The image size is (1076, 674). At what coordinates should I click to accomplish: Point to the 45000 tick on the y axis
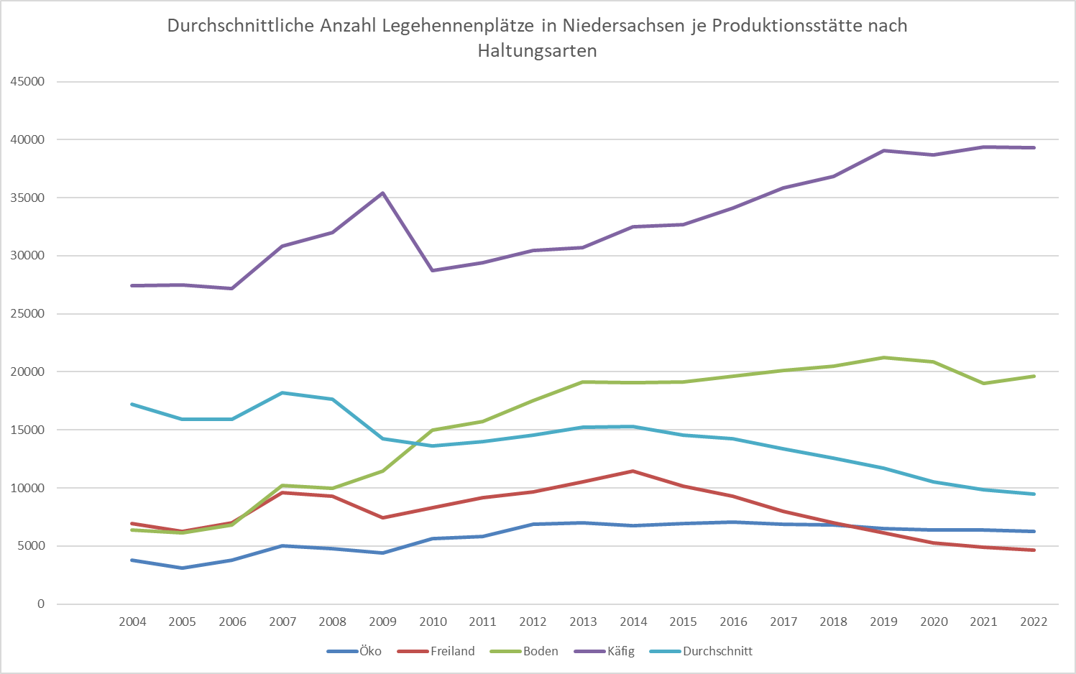27,82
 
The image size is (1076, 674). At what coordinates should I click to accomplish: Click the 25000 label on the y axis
27,314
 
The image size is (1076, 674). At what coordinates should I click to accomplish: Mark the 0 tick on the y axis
41,604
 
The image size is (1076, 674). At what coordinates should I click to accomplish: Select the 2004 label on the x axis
132,622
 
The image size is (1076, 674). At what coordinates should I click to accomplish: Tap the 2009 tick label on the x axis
382,622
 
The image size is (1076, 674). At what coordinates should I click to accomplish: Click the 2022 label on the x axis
1034,622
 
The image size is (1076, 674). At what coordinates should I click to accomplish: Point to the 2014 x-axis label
633,622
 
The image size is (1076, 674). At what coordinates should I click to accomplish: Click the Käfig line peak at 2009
382,193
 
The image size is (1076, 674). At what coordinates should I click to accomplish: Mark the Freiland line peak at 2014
633,471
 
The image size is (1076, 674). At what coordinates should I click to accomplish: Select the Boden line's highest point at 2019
883,357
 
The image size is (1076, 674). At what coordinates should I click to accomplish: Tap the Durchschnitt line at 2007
282,392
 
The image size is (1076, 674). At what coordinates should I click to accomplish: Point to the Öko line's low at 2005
183,568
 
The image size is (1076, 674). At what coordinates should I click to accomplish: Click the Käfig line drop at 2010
433,270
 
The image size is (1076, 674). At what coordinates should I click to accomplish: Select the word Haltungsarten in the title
537,51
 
